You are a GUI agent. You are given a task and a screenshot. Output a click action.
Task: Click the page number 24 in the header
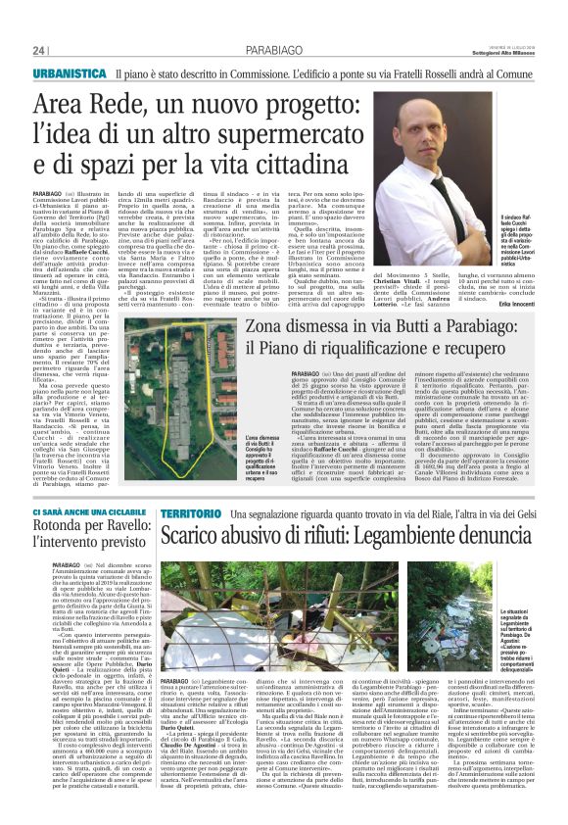tap(39, 49)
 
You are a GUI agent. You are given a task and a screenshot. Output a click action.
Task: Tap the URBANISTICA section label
tap(69, 74)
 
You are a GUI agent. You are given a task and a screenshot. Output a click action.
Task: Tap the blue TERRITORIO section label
tap(190, 514)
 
